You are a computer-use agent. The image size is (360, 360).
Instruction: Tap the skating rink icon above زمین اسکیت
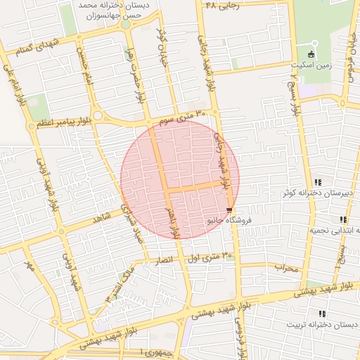[312, 53]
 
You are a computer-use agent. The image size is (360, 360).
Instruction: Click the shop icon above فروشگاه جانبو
[229, 210]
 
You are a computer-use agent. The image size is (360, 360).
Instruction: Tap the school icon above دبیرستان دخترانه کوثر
[319, 182]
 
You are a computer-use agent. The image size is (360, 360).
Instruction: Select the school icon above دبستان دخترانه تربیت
[322, 314]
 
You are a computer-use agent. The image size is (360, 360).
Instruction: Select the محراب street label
[286, 268]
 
